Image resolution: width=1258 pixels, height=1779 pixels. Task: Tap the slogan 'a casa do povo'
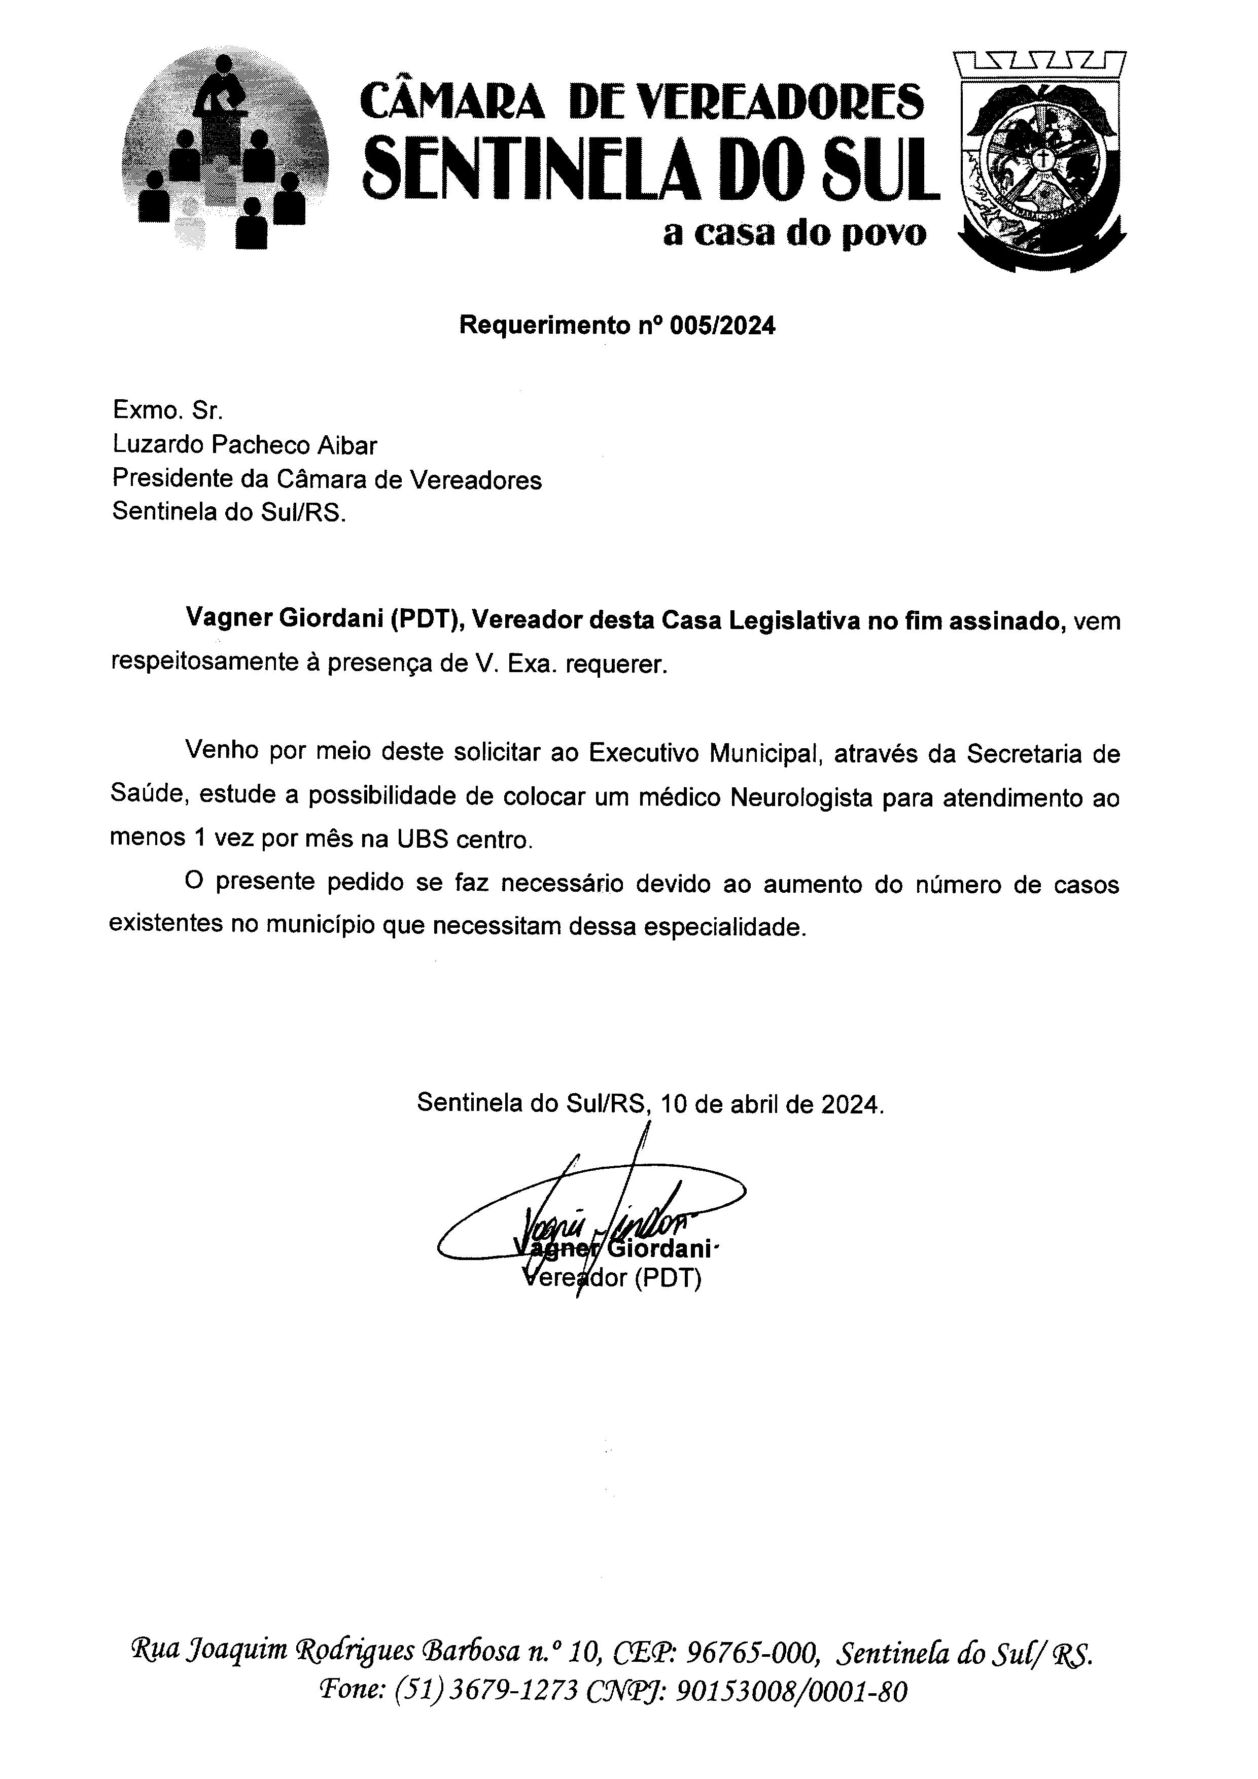pos(794,233)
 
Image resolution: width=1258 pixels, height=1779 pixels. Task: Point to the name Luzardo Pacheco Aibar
pos(245,445)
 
